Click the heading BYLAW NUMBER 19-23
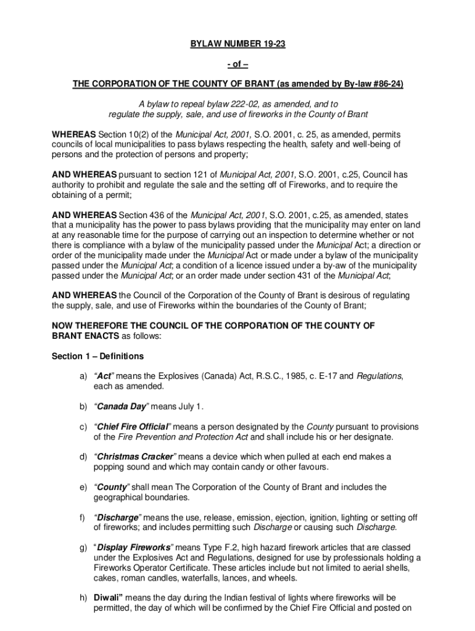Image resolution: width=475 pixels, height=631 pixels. tap(238, 45)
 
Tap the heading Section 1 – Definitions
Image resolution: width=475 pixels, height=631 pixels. tap(98, 356)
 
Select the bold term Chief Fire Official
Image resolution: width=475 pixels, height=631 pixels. tap(132, 426)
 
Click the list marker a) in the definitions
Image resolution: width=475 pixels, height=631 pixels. tap(83, 376)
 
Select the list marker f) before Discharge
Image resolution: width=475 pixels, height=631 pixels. tap(82, 517)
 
